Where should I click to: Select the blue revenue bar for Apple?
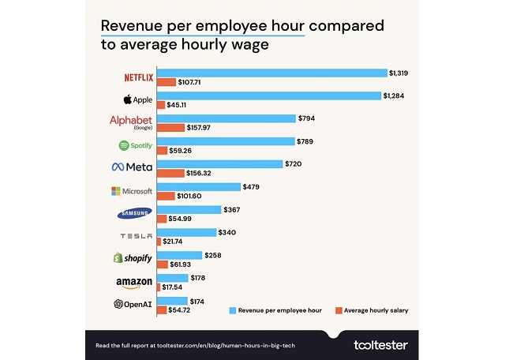(268, 96)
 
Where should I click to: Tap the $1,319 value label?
(399, 73)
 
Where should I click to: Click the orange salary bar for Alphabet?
(170, 127)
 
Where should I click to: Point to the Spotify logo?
(135, 145)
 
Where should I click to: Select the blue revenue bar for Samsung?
(189, 209)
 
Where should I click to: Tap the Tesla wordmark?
(135, 236)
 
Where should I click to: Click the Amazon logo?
(133, 282)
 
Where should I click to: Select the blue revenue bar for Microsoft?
(198, 186)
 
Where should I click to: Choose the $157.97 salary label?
(204, 128)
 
